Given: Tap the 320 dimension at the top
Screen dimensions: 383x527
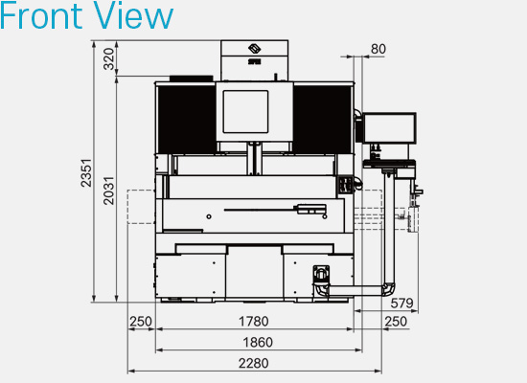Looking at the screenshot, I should point(108,60).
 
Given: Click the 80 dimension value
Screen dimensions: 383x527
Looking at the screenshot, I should point(378,48).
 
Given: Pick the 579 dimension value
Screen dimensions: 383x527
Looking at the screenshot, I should point(402,304).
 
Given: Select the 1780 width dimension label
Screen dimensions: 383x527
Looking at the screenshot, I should point(254,321).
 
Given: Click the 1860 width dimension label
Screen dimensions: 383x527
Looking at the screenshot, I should point(258,342).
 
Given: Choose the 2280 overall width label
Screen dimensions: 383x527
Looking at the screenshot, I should point(254,363).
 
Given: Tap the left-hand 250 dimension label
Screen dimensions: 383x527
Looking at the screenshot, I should point(142,321).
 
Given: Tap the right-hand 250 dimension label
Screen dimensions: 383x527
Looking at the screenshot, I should point(395,321).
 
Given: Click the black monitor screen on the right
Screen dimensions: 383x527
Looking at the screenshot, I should point(391,127).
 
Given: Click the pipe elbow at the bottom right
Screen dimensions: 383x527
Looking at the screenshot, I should point(387,288).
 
